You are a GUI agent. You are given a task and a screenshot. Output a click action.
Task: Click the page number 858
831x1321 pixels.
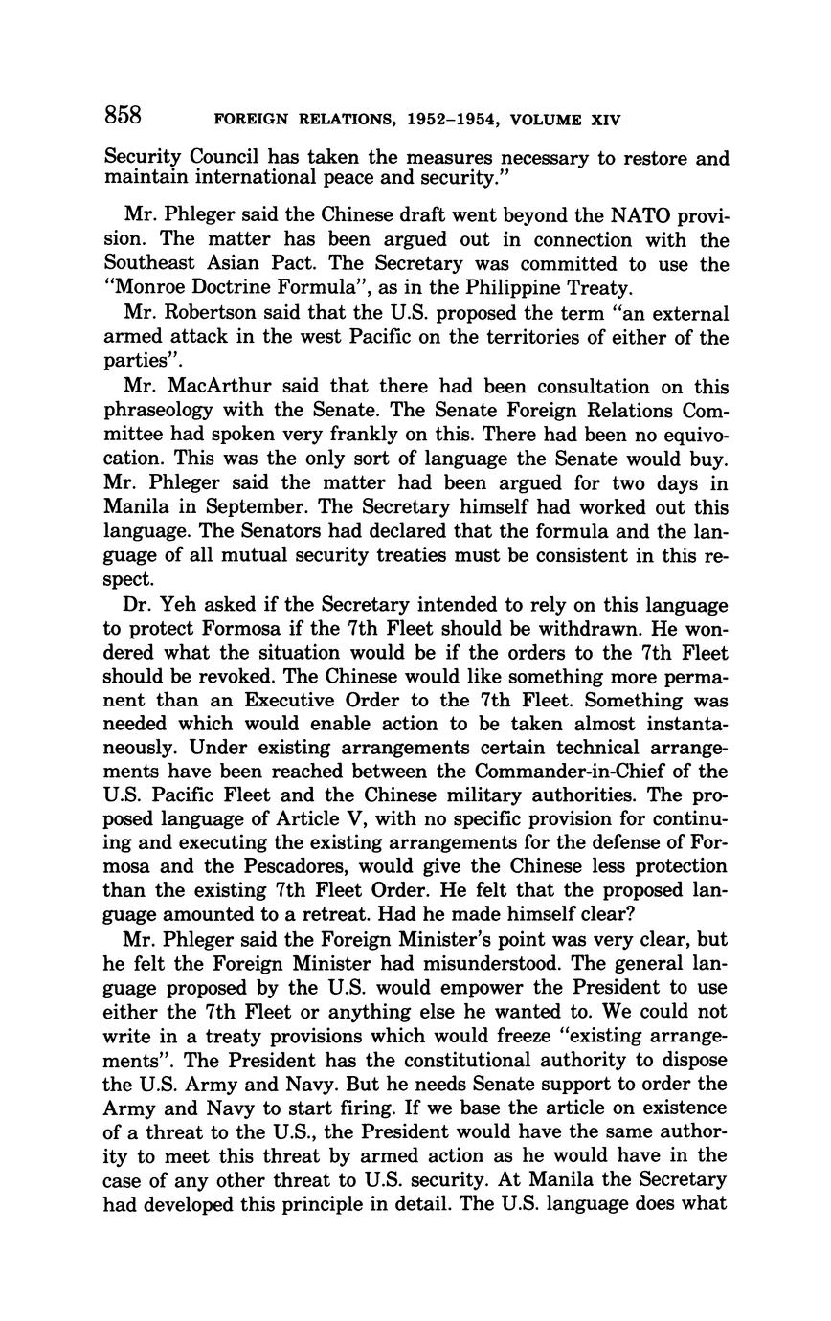[124, 116]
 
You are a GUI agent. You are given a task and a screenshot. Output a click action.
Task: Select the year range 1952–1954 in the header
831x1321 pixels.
[454, 121]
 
